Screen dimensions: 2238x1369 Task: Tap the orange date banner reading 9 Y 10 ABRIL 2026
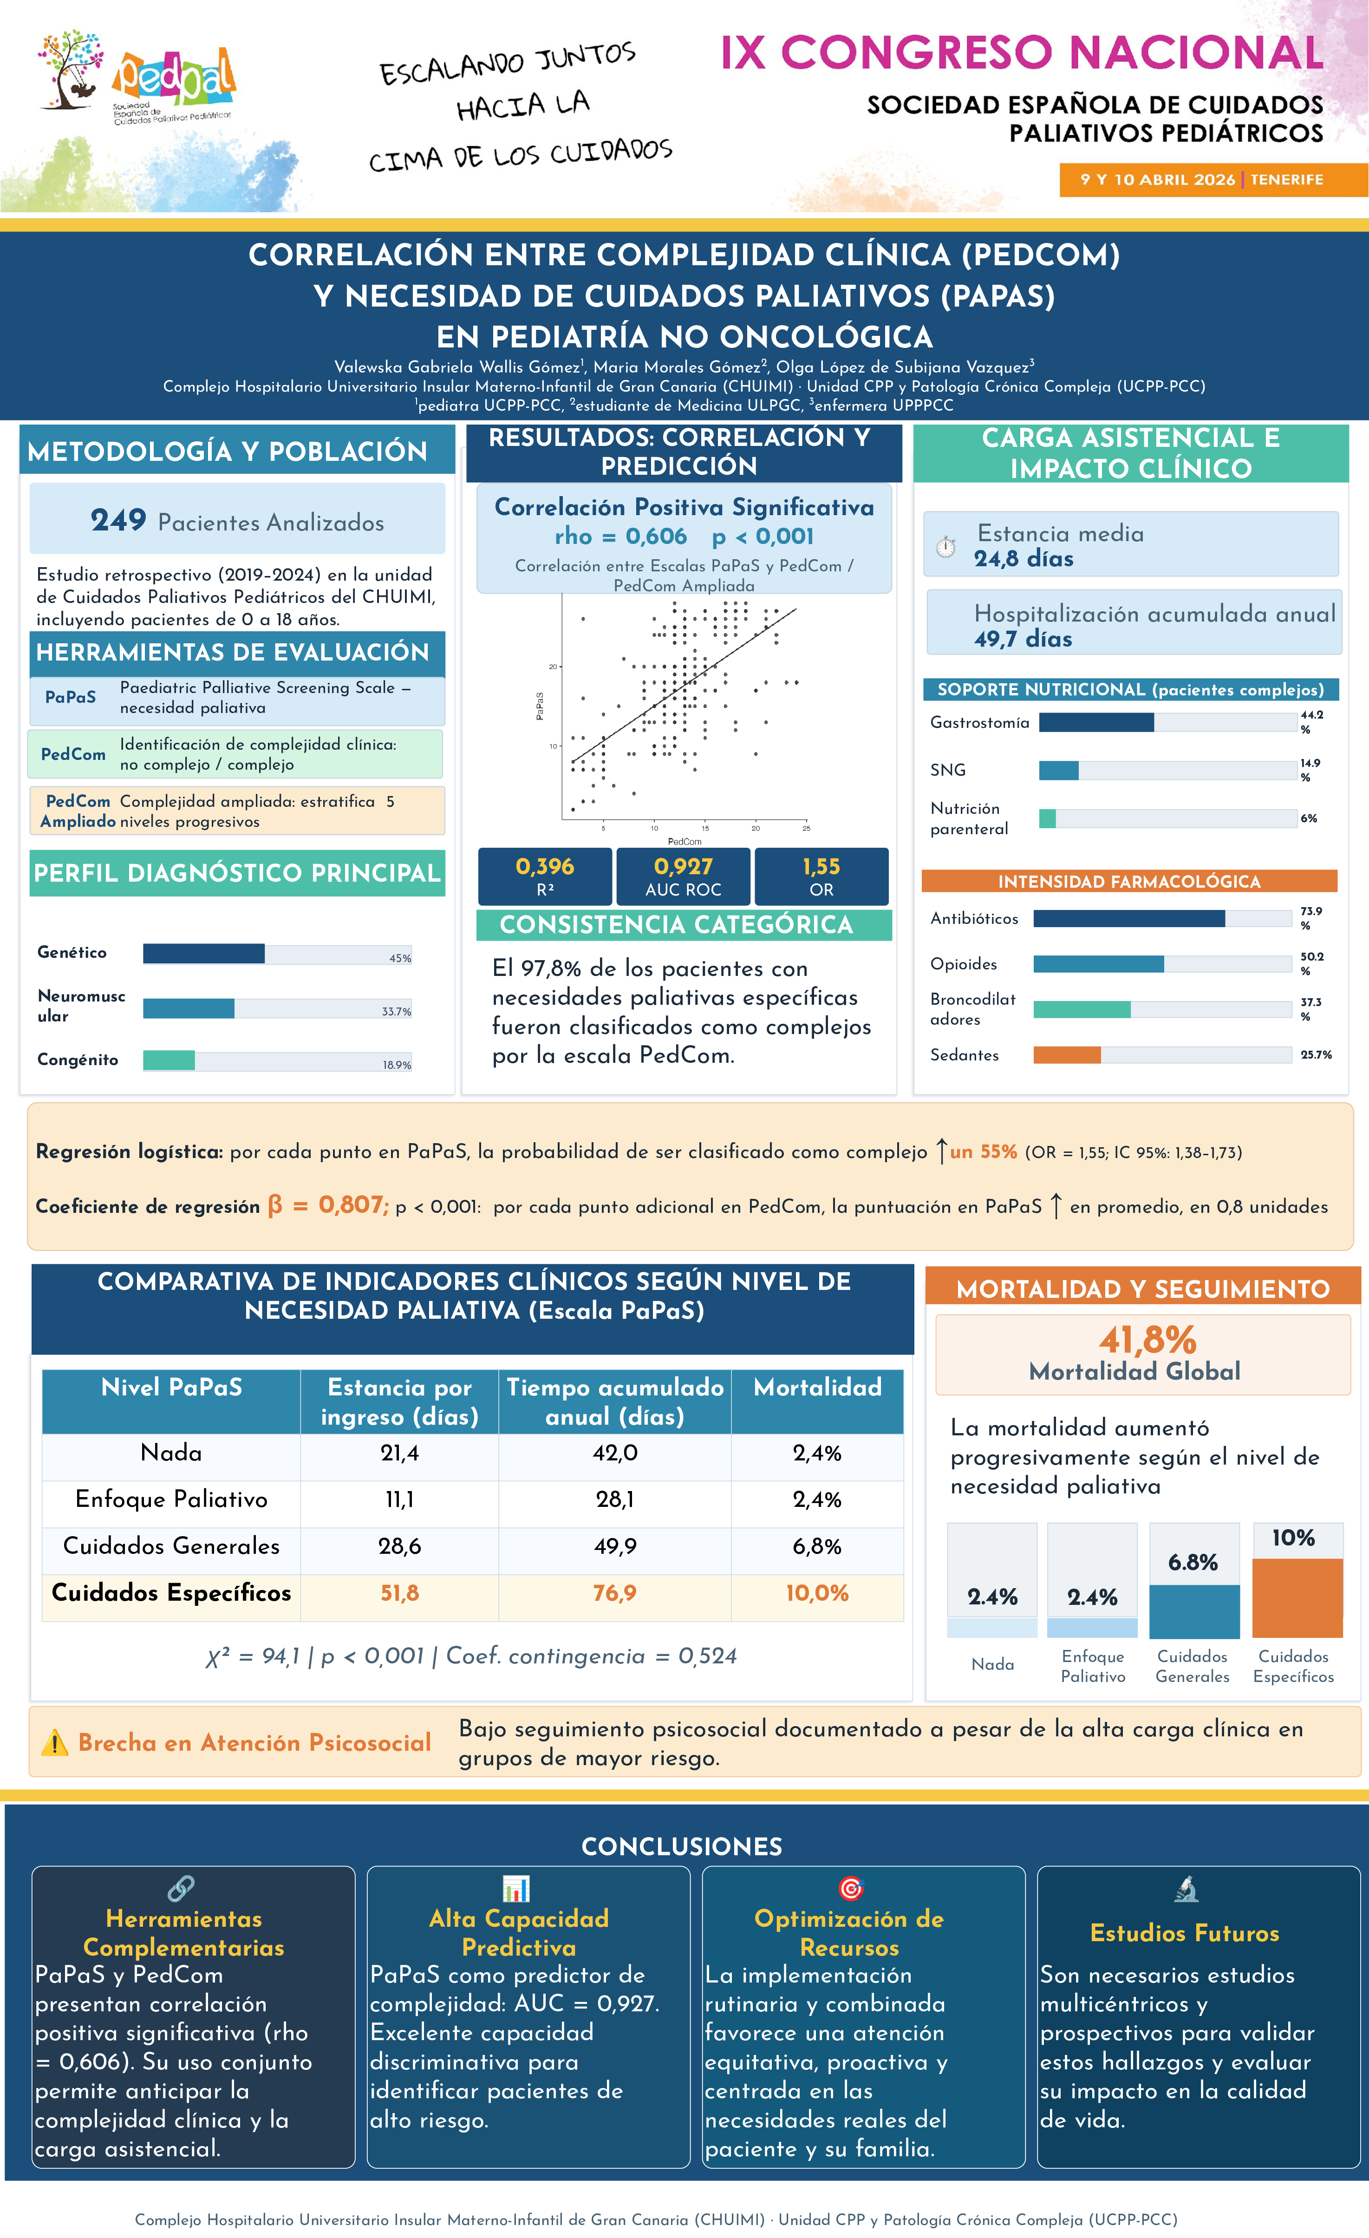(x=1213, y=180)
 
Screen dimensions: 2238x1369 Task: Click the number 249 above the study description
(x=118, y=520)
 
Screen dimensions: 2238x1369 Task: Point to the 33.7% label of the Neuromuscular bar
(x=396, y=1011)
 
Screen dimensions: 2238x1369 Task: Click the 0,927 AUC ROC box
(x=683, y=877)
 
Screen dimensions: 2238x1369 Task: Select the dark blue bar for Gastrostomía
(x=1096, y=722)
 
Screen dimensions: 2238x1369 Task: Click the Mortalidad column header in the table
(x=817, y=1387)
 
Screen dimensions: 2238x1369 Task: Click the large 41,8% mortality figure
(x=1147, y=1340)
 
